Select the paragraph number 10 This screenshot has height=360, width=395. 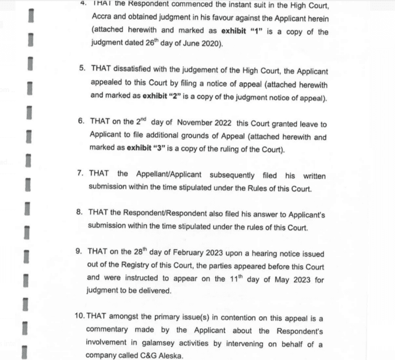click(x=81, y=319)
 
